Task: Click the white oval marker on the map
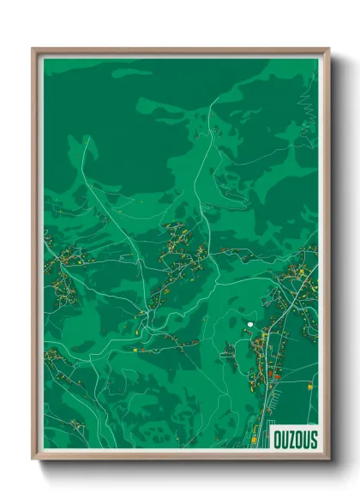[x=249, y=324]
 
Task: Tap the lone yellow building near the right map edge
[x=309, y=387]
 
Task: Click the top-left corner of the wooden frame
[x=33, y=49]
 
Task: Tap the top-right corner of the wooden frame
[x=328, y=49]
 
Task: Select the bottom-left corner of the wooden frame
[x=33, y=460]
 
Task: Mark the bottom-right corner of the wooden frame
[x=328, y=460]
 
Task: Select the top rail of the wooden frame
[x=180, y=51]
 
